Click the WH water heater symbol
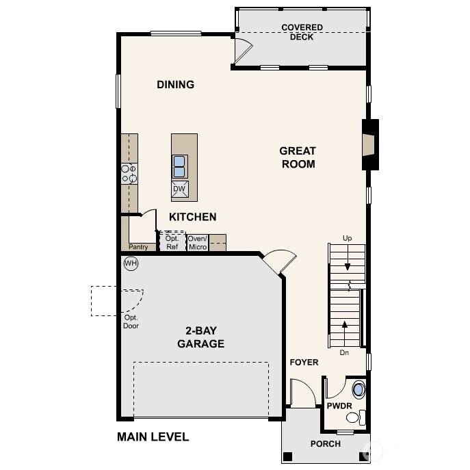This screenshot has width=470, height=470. point(131,263)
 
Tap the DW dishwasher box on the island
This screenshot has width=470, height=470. point(180,189)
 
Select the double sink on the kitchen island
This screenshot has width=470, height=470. point(179,166)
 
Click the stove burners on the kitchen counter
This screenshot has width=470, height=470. point(129,173)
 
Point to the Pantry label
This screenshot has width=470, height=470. point(138,247)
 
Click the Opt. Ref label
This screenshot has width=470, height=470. point(172,242)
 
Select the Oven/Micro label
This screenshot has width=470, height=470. point(198,242)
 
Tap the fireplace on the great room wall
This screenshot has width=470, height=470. point(369,144)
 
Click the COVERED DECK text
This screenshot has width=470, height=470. point(302,32)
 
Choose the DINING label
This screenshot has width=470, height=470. point(176,85)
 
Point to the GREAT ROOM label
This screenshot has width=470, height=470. point(298,157)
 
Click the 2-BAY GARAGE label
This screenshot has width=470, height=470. point(200,338)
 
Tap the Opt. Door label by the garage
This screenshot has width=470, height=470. point(131,322)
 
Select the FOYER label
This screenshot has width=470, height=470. point(304,362)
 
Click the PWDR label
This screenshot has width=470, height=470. point(339,406)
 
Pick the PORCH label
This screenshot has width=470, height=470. point(326,443)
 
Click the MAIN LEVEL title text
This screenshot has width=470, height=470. point(153,436)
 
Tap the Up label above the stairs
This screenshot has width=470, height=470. point(348,238)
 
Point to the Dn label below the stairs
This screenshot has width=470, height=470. point(345,353)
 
